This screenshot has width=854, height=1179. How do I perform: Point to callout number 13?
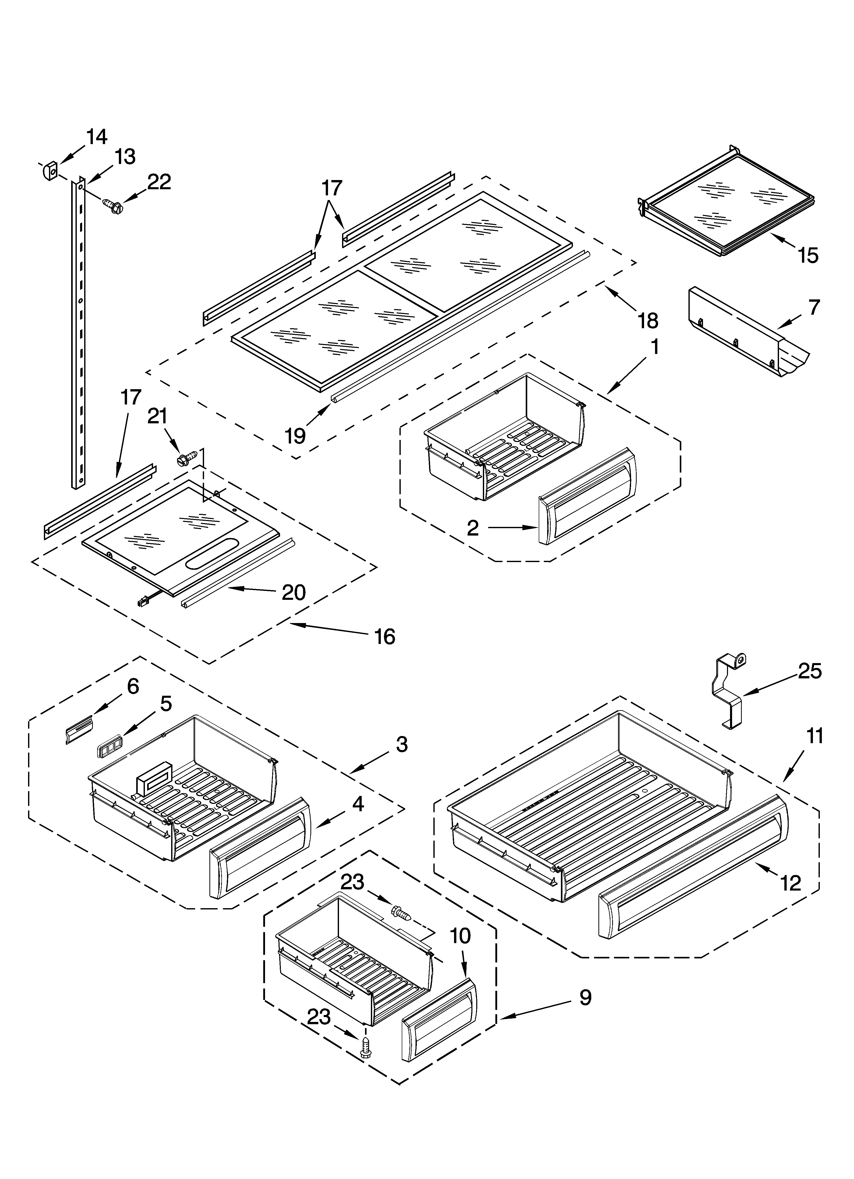125,157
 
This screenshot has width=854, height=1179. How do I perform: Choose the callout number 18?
648,321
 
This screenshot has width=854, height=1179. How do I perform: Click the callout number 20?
293,592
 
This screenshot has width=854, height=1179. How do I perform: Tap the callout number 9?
585,998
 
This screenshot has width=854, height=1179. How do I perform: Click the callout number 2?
472,528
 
